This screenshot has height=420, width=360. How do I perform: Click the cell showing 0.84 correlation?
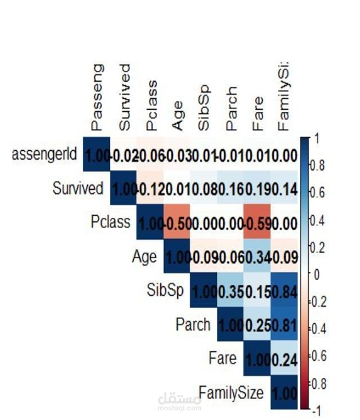pos(284,292)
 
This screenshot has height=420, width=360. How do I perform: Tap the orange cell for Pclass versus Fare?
pos(257,224)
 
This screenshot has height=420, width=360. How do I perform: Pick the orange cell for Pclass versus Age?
pos(177,224)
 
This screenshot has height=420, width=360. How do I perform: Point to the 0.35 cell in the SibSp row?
pos(230,292)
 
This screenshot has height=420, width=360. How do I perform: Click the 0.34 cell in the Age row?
pos(257,258)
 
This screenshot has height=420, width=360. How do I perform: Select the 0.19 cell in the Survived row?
pos(257,190)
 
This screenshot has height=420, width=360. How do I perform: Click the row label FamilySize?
pos(231,393)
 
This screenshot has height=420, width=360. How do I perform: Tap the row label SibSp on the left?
pos(165,291)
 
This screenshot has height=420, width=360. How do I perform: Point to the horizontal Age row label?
pos(144,257)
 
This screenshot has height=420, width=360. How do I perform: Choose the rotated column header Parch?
pos(231,108)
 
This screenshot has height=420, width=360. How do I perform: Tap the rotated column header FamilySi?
pos(284,95)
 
